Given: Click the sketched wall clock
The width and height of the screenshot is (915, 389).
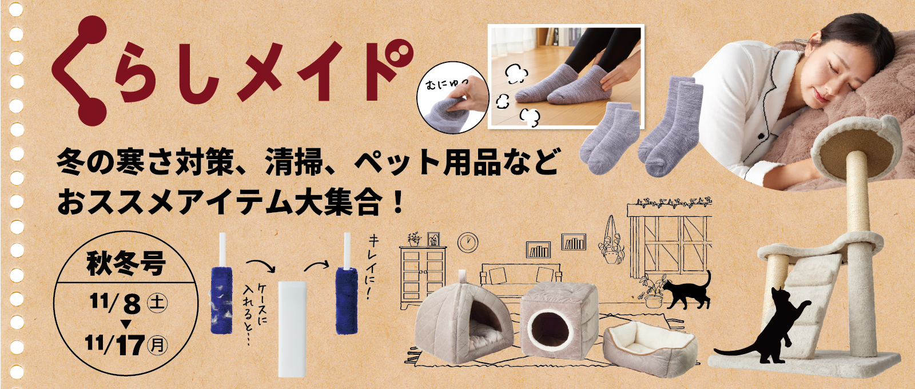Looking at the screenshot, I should coord(468,241).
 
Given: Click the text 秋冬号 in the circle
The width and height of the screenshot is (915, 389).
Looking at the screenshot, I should coord(126,264).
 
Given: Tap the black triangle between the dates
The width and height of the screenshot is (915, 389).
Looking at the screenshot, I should coord(126,324).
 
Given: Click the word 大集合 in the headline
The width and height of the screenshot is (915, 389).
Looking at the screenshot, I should coord(337,203).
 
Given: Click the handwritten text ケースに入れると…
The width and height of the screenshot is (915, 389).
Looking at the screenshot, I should coord(256,312).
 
